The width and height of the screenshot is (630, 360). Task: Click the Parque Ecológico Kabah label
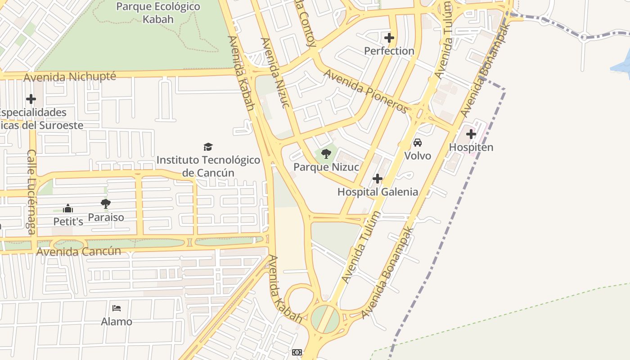158,13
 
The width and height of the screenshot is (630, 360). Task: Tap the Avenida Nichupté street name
70,77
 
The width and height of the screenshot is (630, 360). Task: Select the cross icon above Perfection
389,38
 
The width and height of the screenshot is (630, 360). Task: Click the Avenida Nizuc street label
274,73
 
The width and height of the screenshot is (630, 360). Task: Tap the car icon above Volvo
418,143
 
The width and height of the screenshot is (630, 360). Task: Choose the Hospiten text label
471,147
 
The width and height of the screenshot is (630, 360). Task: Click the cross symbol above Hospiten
471,134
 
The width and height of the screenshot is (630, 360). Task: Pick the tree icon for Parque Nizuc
326,154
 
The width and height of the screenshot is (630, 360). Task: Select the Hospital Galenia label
378,192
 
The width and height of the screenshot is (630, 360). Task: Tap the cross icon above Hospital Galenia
378,179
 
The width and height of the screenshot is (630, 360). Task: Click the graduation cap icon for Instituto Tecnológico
208,147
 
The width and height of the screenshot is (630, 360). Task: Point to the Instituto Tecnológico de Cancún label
208,166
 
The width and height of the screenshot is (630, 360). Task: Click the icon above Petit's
68,208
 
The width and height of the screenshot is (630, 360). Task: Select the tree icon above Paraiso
106,204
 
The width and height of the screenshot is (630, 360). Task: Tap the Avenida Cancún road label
79,251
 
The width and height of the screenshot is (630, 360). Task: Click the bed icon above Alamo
117,308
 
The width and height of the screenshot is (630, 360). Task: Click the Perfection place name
389,51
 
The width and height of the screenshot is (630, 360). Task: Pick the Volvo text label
418,156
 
